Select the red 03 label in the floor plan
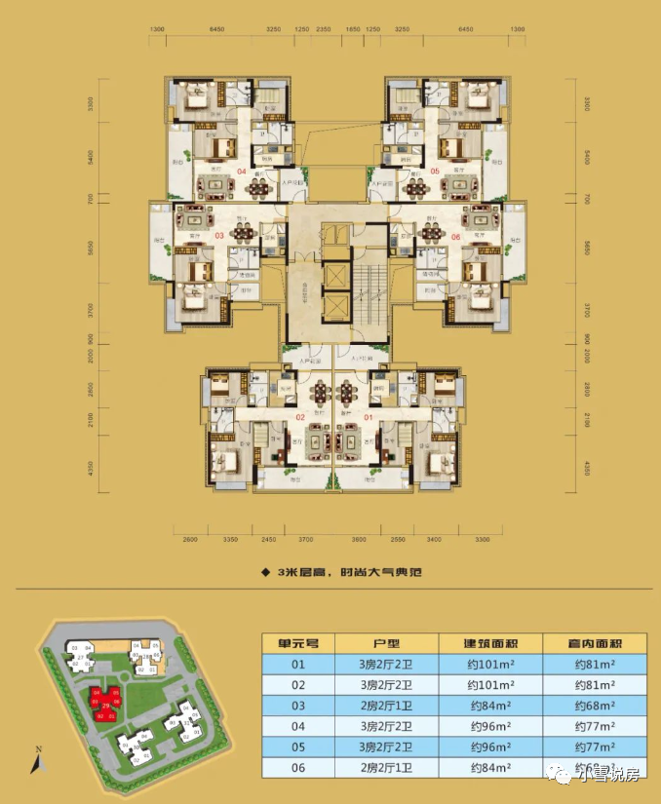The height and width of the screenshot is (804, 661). pos(219,235)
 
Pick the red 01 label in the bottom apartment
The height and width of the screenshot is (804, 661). pos(368,417)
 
